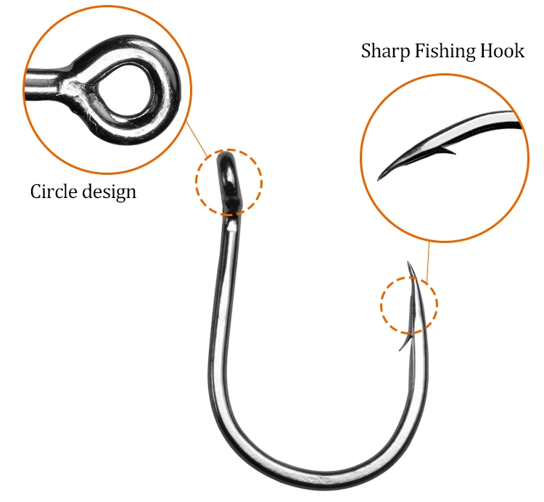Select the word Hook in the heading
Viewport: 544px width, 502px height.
(x=502, y=51)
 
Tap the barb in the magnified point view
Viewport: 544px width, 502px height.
(x=448, y=151)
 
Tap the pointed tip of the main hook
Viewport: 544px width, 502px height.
(x=408, y=263)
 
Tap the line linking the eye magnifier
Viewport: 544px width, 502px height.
(x=197, y=139)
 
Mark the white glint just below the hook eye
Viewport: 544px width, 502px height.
(x=231, y=226)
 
